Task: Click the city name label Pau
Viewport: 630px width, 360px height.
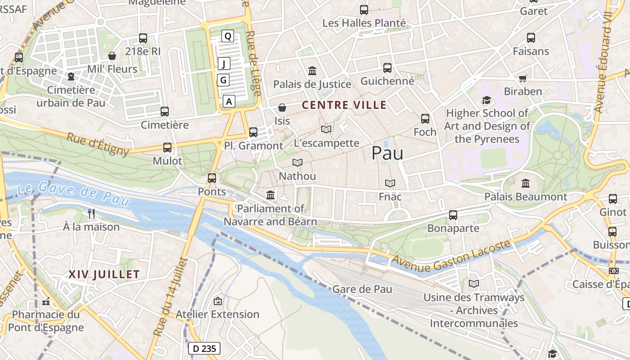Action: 387,153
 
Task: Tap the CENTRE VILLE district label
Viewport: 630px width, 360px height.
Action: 344,105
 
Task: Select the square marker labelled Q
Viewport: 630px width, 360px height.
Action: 228,36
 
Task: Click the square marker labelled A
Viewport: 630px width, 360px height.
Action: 229,101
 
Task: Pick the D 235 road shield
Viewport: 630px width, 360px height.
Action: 204,348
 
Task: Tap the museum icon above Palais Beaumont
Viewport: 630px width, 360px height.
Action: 526,183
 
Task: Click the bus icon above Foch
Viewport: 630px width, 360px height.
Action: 425,119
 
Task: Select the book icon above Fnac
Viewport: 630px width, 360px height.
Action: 390,183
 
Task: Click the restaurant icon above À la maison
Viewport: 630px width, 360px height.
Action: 91,213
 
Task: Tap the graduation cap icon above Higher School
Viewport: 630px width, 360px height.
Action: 486,100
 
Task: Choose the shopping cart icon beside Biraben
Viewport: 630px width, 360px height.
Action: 522,78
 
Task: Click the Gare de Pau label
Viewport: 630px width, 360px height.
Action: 362,289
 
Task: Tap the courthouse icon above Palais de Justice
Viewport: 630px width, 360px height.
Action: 312,71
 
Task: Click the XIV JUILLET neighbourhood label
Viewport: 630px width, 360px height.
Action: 104,274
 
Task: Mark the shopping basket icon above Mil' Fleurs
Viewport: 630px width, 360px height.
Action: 112,56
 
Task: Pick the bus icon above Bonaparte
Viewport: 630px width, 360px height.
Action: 453,215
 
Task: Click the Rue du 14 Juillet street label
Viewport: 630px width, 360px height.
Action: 170,297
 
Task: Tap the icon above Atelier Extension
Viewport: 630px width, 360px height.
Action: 218,301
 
